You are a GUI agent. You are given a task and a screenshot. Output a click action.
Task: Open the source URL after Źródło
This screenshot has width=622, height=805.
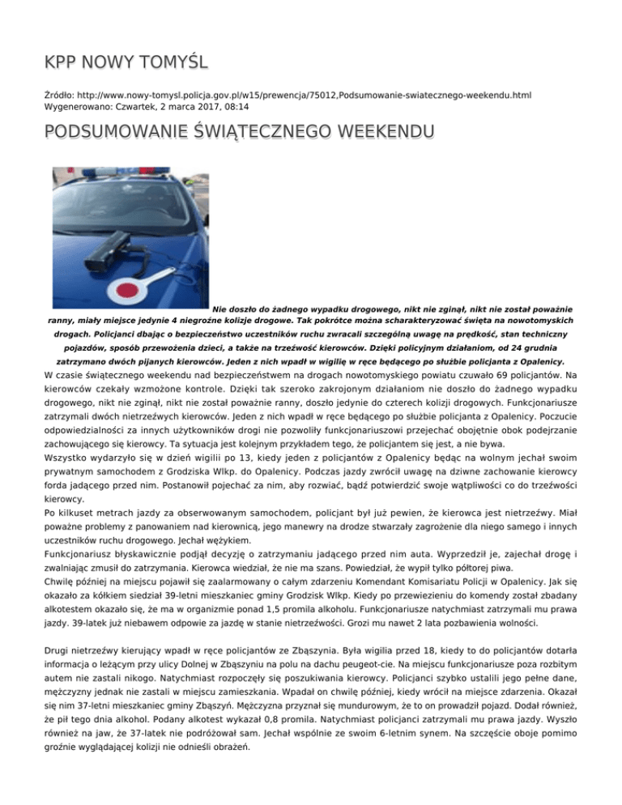point(304,96)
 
